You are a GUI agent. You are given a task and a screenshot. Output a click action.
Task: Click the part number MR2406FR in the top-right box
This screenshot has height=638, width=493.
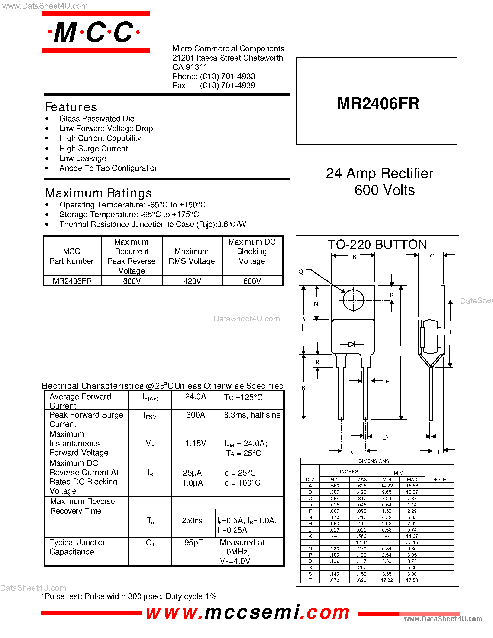(378, 103)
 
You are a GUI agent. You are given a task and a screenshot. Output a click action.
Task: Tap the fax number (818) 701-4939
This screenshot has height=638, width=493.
(228, 86)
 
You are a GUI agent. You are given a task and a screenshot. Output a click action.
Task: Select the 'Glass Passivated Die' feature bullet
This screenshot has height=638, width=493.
(97, 119)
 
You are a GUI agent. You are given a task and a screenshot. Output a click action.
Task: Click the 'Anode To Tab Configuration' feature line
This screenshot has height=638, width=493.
(109, 168)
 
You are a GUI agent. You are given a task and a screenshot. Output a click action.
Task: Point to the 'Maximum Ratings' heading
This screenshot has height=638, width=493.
(98, 193)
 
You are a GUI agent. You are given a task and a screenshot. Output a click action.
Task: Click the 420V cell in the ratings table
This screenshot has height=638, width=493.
(192, 281)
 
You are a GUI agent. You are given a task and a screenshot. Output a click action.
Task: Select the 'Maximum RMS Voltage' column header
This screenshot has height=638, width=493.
(192, 256)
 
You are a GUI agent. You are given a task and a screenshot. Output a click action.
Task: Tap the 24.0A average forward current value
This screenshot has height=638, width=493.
(195, 397)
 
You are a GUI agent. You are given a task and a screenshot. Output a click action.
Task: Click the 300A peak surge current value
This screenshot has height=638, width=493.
(195, 415)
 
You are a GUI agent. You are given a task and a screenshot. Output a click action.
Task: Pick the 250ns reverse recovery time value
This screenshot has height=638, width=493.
(192, 521)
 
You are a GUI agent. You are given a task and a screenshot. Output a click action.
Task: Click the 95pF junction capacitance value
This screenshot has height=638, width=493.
(193, 542)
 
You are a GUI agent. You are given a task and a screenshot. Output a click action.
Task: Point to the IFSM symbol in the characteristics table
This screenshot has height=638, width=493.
(150, 416)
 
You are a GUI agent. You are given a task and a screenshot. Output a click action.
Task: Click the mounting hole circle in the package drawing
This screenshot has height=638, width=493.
(353, 300)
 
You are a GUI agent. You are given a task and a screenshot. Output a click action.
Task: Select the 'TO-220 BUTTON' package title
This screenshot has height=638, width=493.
(377, 245)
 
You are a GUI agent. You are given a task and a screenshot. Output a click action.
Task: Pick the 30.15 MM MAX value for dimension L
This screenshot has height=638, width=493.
(412, 542)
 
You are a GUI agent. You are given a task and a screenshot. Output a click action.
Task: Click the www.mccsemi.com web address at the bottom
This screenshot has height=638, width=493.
(248, 612)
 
